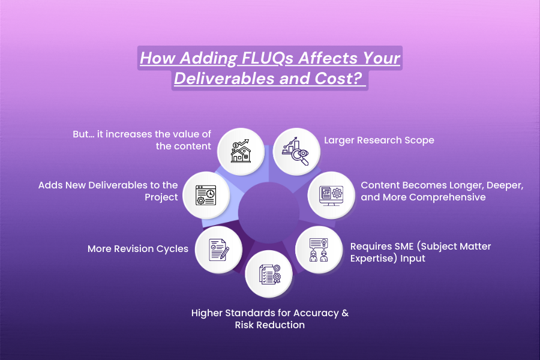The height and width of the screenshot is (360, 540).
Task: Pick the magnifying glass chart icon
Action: (x=295, y=149)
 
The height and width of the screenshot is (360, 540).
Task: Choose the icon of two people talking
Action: (x=317, y=247)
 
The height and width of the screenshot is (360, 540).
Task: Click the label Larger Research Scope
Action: (x=379, y=140)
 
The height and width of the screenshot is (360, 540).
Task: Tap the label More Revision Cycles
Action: (x=137, y=248)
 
